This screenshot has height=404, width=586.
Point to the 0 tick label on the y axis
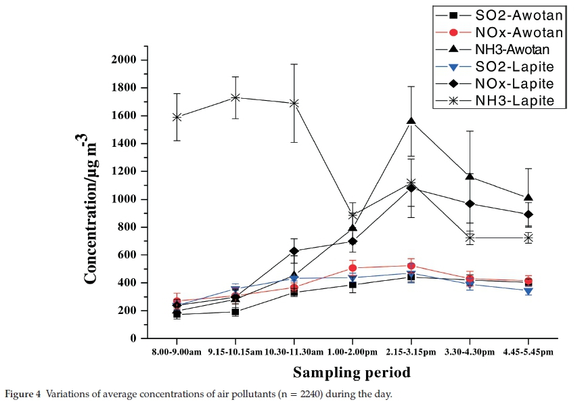[x=133, y=338]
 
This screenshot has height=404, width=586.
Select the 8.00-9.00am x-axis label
[x=177, y=353]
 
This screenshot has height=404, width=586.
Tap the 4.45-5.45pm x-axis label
[x=528, y=353]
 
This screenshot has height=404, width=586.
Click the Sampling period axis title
[x=351, y=372]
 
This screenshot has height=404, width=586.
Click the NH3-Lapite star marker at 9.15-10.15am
[x=235, y=97]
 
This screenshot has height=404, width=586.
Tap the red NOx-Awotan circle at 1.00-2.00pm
[x=353, y=268]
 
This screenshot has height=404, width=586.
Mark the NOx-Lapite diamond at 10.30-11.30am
[x=294, y=251]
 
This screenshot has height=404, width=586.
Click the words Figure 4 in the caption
[x=23, y=394]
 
